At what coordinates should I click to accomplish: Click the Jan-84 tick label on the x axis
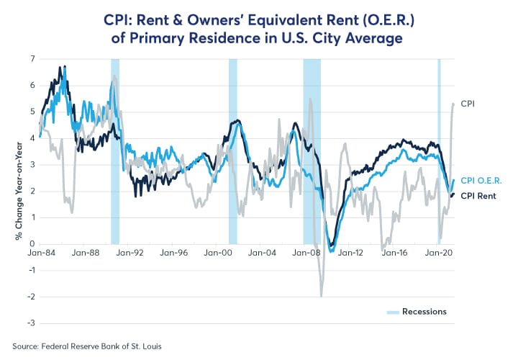point(40,253)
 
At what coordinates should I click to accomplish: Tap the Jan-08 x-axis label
point(306,253)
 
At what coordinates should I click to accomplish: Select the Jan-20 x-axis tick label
point(440,253)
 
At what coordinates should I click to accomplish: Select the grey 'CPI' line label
point(467,104)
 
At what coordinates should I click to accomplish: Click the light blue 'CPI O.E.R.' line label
point(481,181)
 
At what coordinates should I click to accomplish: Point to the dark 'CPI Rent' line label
point(478,195)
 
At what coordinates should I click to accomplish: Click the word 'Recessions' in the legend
point(425,312)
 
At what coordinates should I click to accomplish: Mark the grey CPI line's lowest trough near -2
point(322,296)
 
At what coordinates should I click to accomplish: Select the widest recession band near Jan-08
point(312,144)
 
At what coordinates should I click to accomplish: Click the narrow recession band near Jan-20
point(439,144)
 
